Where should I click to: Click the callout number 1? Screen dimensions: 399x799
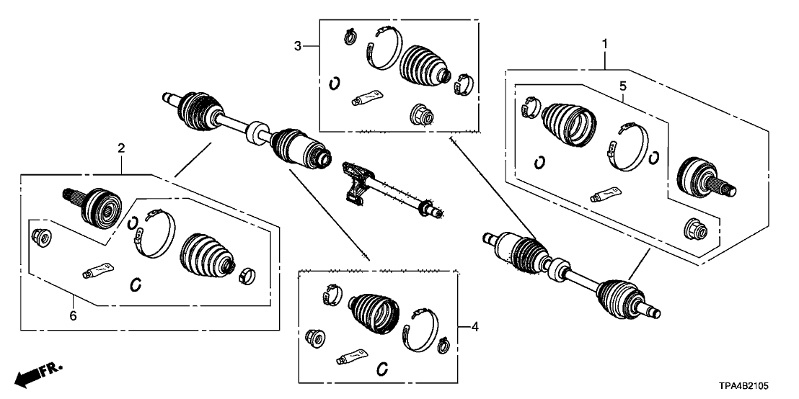point(604,45)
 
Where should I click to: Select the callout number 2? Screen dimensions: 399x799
point(121,149)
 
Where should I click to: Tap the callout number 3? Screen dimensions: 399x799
point(297,47)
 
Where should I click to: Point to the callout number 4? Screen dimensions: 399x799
point(474,328)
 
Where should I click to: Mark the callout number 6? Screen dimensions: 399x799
point(73,315)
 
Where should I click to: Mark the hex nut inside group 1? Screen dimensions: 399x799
point(692,230)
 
